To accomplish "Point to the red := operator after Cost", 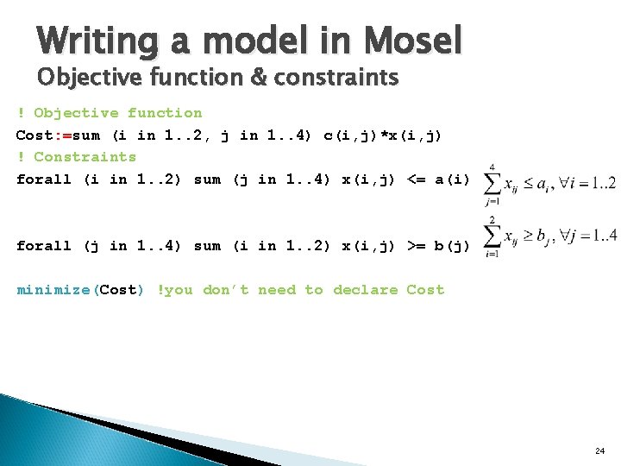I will click(x=64, y=135).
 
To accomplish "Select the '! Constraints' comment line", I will click(x=76, y=157).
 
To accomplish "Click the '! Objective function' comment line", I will click(x=109, y=113).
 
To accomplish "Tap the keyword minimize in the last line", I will click(x=54, y=290).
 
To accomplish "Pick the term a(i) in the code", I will click(x=452, y=179).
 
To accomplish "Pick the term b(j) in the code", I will click(x=452, y=246).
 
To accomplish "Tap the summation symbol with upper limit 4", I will click(x=492, y=184).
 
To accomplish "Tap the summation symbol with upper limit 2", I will click(x=492, y=237).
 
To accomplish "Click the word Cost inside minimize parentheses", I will click(x=119, y=290).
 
